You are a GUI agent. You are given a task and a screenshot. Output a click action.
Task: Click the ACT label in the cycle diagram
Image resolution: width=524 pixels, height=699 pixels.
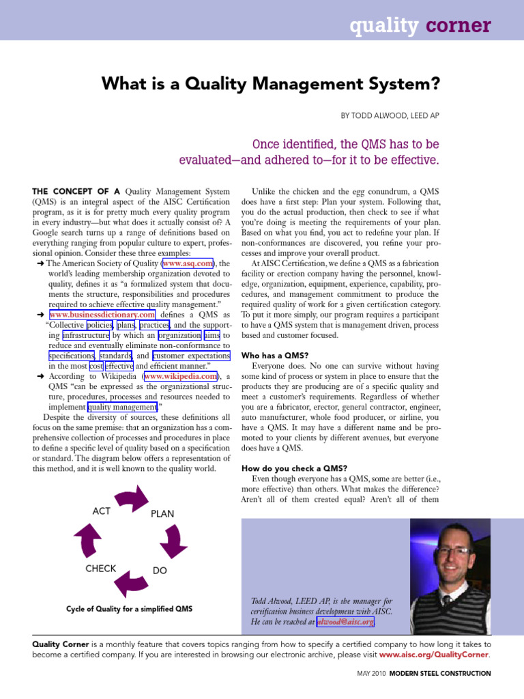point(101,511)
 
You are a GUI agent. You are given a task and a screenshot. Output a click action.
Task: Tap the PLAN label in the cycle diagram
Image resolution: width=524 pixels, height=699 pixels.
point(162,514)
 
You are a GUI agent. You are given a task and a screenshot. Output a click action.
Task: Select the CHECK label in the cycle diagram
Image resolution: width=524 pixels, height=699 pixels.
point(101,568)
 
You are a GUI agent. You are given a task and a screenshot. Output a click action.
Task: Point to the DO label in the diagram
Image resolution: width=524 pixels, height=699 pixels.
point(160,571)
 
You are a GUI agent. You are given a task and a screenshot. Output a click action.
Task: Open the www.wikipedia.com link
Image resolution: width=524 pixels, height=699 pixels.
point(180,376)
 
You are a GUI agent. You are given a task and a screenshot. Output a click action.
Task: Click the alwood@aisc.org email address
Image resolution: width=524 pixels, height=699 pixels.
point(345,623)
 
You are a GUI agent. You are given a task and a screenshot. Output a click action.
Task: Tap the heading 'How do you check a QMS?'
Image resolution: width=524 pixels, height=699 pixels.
point(295,468)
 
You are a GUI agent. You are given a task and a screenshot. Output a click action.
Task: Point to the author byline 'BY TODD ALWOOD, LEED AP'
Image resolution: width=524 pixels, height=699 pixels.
point(390,116)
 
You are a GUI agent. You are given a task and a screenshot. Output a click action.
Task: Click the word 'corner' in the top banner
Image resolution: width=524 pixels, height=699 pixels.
point(458,26)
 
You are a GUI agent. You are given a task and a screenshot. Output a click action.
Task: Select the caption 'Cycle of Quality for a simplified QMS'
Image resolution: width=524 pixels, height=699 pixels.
point(129,608)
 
